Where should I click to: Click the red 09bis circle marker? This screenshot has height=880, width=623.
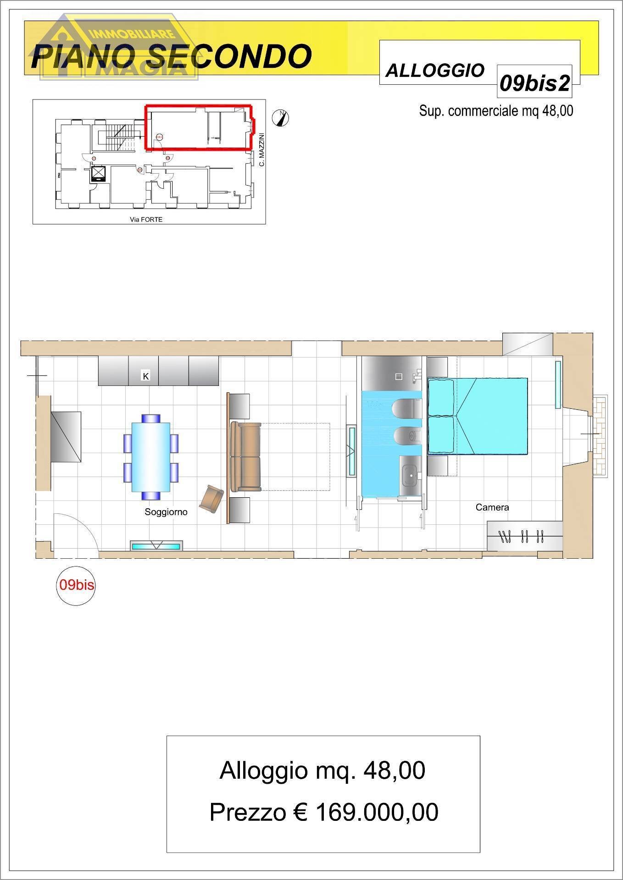point(76,585)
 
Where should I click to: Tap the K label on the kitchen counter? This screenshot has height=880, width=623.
point(146,376)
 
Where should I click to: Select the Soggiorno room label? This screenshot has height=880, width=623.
point(166,512)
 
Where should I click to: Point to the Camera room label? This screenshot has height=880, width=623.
point(492,507)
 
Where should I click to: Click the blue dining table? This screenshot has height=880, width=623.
point(151,457)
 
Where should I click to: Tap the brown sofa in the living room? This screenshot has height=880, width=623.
point(246,456)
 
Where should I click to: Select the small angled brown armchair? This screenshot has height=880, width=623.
point(211,499)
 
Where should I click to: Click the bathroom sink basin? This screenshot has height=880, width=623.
point(410,475)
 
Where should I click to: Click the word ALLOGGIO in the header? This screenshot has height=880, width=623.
point(435,71)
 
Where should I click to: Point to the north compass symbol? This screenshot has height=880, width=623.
point(281,118)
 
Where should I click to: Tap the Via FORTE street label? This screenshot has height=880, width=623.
point(146,219)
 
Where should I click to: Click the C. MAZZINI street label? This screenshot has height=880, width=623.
point(262,149)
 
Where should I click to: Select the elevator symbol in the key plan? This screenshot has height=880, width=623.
point(99,174)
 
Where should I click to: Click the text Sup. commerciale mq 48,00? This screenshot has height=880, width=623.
point(496,111)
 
